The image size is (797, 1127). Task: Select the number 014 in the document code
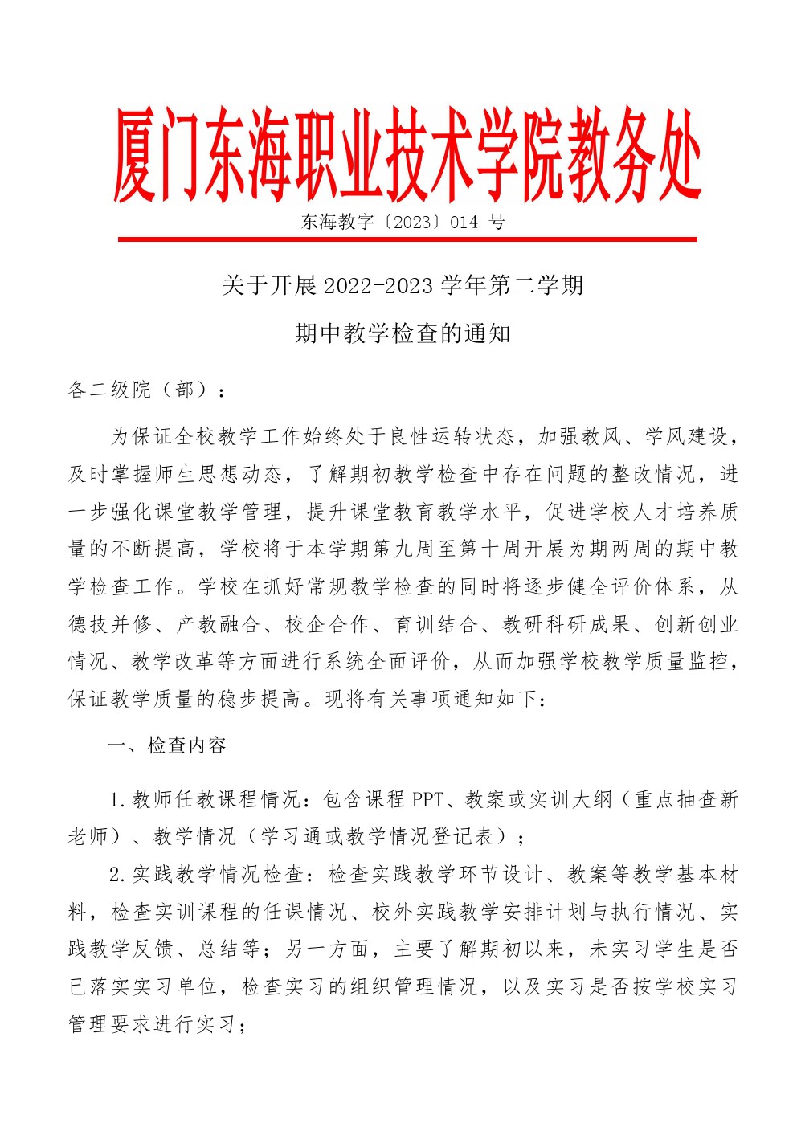[x=464, y=223]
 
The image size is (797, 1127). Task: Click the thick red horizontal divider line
[x=407, y=239]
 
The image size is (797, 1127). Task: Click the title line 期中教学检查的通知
[x=403, y=333]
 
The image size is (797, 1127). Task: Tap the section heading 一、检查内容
[x=167, y=746]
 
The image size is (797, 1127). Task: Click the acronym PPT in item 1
[x=427, y=800]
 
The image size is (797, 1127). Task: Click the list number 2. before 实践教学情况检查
[x=118, y=875]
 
